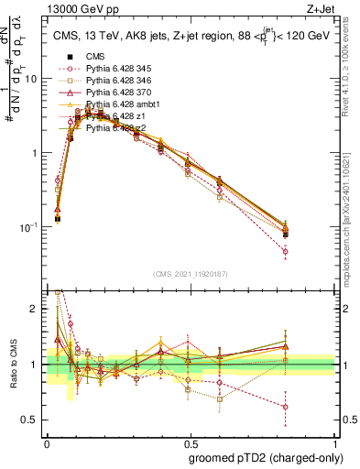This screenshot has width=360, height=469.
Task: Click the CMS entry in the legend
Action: point(96,57)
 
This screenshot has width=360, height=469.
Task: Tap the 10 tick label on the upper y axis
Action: point(30,79)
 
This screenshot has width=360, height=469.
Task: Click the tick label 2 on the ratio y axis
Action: point(36,310)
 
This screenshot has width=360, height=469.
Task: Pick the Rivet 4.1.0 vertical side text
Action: point(349,69)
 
